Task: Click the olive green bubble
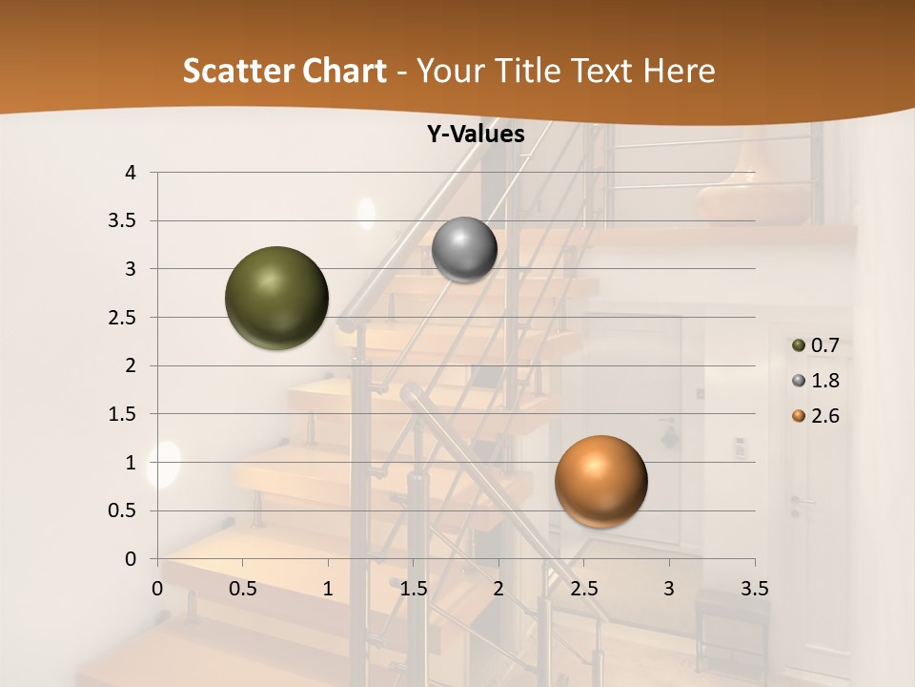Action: pos(277,298)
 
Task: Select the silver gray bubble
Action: pos(464,250)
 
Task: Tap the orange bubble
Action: pos(600,481)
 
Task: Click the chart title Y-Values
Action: pos(476,135)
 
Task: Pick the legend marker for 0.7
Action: pos(798,345)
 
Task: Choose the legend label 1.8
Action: pos(824,381)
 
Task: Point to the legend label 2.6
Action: pos(824,416)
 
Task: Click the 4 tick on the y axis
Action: pos(131,173)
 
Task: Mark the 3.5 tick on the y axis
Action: pos(123,221)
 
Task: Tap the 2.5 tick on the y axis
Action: pos(123,318)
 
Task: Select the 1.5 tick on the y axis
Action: pos(123,414)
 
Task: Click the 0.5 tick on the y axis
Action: pos(123,510)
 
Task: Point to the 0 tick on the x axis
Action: pos(157,588)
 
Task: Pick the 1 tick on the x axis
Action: pos(328,588)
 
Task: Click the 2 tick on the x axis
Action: pos(498,588)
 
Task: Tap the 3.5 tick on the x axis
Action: pos(754,588)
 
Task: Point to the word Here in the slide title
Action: pos(679,71)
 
